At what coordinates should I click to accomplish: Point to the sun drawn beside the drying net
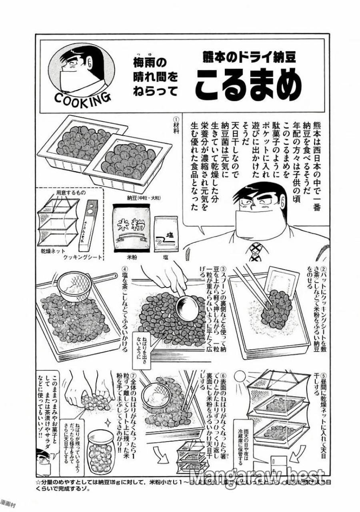coord(239,377)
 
